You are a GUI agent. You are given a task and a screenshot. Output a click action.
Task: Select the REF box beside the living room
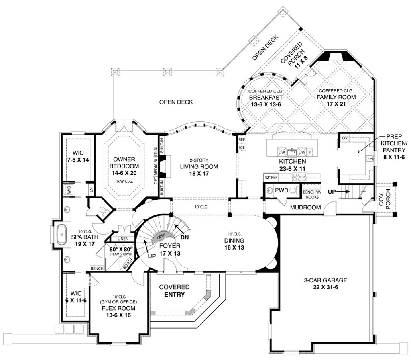pos(242,140)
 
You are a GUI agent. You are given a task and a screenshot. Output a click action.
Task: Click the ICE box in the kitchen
pos(242,147)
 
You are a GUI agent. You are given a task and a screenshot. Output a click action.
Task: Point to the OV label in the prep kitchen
pos(344,138)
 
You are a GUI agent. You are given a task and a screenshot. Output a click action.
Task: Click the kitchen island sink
pos(293,152)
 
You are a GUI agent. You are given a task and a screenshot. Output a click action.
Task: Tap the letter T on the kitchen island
pos(311,153)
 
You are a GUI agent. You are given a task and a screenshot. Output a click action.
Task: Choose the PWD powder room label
pos(282,190)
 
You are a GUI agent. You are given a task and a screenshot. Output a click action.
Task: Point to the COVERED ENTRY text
pos(174,290)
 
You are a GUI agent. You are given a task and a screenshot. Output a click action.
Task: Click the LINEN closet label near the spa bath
pos(123,239)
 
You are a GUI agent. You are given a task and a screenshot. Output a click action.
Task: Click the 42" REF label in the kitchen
pos(271,177)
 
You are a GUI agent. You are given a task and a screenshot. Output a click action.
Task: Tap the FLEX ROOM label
pos(118,308)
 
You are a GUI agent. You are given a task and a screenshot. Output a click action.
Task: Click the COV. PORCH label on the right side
pos(387,200)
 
